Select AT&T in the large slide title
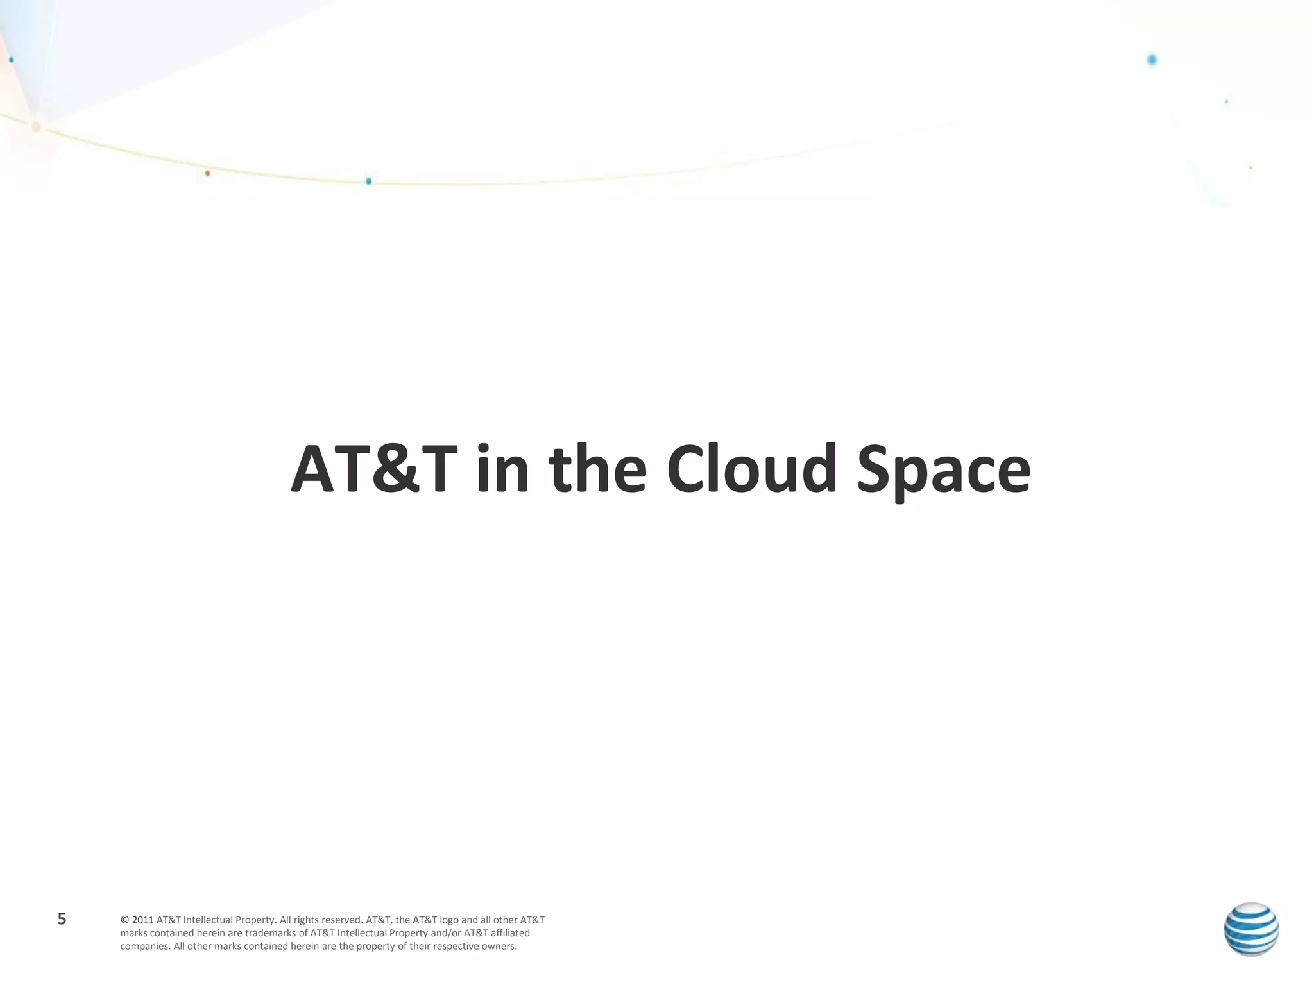(x=374, y=469)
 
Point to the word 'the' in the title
(x=597, y=469)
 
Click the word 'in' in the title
(x=502, y=469)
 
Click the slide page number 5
(x=62, y=919)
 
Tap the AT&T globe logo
(x=1250, y=929)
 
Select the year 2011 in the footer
(x=142, y=920)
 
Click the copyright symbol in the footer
(x=124, y=920)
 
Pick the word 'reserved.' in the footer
(x=342, y=920)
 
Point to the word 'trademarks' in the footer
(x=270, y=933)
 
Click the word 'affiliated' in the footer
(x=510, y=933)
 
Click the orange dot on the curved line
(x=207, y=173)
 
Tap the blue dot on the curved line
(x=368, y=181)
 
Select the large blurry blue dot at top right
(x=1152, y=60)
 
